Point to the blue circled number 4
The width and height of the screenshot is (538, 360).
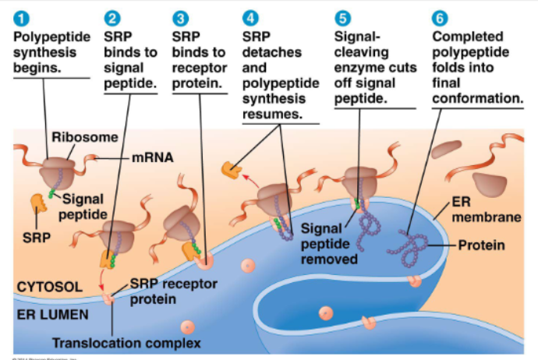[x=250, y=17]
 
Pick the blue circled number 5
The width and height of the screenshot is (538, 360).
[x=342, y=17]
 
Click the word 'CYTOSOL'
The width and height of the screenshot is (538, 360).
[x=49, y=288]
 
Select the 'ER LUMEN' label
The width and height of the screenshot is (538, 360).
[x=53, y=313]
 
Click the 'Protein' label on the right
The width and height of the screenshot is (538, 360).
[x=481, y=245]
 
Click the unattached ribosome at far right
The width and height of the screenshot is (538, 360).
[x=488, y=185]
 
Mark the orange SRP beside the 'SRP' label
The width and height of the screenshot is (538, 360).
[x=39, y=205]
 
